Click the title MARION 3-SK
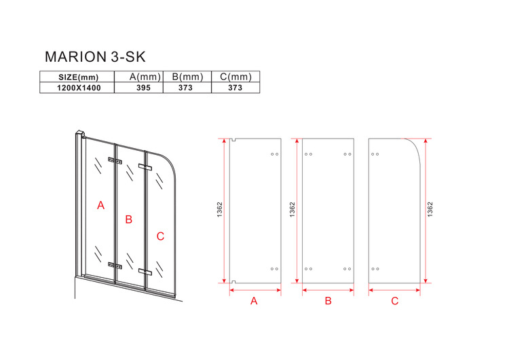95,57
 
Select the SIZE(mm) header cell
78,77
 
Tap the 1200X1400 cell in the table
79,88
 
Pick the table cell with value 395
143,88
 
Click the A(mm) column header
145,77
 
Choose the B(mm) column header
187,77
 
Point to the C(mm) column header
235,77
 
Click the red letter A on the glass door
101,205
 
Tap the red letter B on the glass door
129,219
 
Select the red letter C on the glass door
160,236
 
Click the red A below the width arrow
254,301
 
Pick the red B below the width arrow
328,301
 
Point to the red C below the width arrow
395,301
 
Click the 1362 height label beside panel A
220,210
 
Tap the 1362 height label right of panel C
430,210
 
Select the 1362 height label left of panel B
292,210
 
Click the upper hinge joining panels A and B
115,160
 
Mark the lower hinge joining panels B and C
145,271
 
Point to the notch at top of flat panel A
233,140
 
